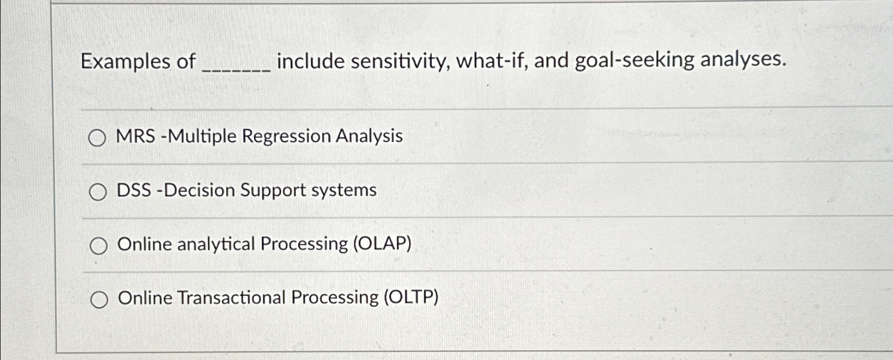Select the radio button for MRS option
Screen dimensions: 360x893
coord(97,138)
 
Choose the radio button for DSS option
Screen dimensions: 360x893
coord(97,192)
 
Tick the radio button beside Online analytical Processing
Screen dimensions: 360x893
coord(98,246)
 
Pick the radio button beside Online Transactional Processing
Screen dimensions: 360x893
coord(99,300)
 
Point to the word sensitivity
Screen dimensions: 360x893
coord(400,61)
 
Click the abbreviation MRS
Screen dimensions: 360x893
coord(136,136)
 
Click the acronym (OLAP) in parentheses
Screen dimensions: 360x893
coord(382,244)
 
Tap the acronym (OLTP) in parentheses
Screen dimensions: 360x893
coord(411,297)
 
